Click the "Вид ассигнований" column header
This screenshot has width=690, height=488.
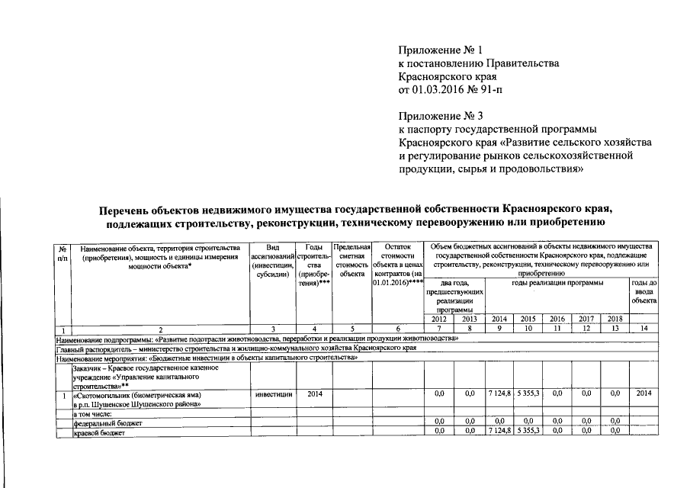[272, 262]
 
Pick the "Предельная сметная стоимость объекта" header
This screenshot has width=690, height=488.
[352, 261]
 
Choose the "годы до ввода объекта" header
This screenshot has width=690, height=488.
[644, 292]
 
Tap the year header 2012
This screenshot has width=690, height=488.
[438, 319]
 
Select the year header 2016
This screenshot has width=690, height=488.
[557, 319]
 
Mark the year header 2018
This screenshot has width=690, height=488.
[615, 319]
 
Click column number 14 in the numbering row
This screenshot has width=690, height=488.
[644, 328]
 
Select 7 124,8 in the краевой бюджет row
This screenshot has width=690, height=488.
[499, 432]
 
